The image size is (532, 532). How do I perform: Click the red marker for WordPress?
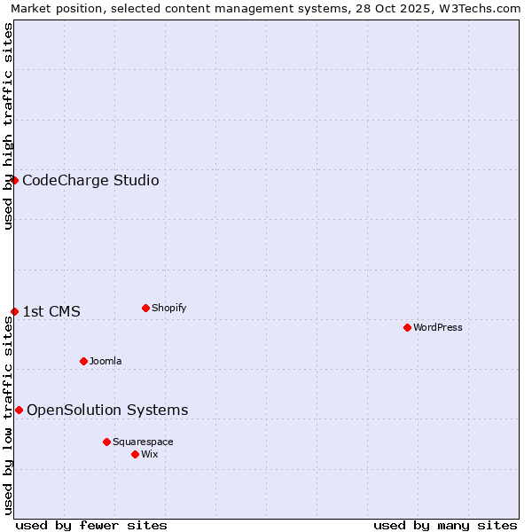(407, 327)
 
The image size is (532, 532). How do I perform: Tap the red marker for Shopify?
(145, 308)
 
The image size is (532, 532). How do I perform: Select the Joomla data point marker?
(83, 361)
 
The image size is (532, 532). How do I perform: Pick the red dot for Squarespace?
(106, 442)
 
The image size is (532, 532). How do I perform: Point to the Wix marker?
(135, 454)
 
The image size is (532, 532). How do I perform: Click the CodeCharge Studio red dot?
(14, 180)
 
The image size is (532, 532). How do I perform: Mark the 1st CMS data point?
(14, 311)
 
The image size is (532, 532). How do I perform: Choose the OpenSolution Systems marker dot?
(19, 410)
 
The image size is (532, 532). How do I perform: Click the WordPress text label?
(438, 327)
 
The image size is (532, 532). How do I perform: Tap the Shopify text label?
(169, 308)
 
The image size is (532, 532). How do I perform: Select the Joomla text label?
(106, 361)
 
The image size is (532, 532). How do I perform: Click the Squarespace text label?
(143, 442)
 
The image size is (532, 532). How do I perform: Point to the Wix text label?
(150, 454)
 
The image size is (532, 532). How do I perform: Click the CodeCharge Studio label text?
(90, 181)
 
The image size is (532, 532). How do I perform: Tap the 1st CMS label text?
(51, 311)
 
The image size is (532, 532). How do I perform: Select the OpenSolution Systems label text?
(107, 410)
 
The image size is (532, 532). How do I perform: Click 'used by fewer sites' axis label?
(91, 525)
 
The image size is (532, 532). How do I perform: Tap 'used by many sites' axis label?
(445, 525)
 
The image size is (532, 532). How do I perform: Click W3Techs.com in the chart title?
(484, 8)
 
